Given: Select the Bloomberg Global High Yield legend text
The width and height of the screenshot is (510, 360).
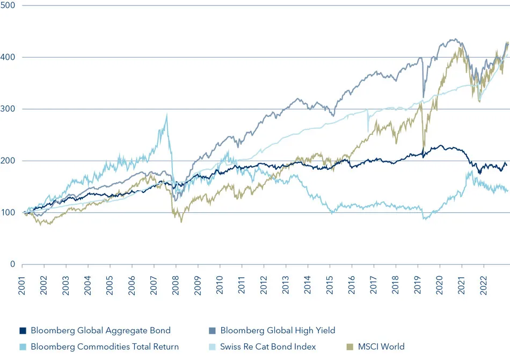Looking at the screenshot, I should pos(278,330).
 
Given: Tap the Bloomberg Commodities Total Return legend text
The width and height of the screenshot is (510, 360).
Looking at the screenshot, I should pos(105,347).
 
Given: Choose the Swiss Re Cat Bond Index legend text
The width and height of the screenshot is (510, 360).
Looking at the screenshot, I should pos(268,347).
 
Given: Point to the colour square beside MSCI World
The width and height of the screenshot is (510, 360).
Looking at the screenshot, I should pos(346,347).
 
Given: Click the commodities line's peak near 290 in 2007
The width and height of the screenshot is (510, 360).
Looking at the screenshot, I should pos(167,114).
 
